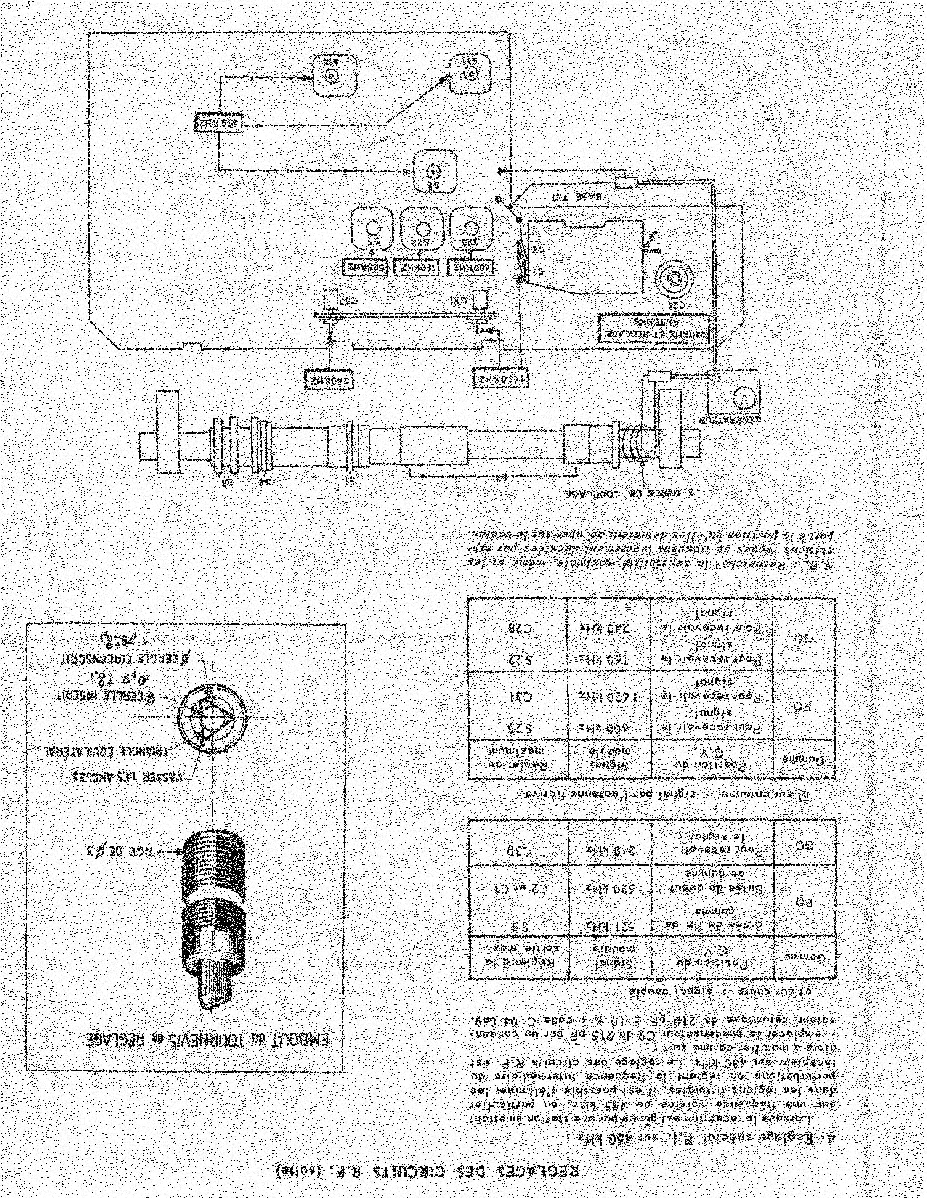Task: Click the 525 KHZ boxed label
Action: coord(366,268)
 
